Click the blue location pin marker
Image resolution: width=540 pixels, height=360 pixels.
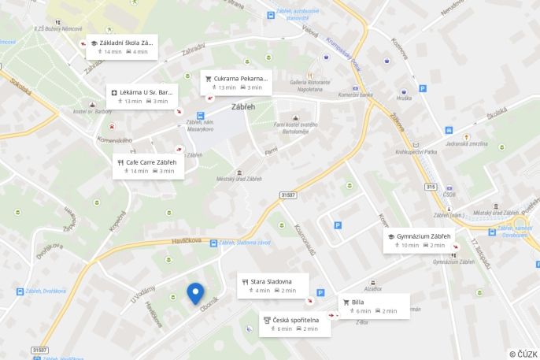[x=195, y=293]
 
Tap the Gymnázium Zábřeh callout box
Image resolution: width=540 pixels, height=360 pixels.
[x=419, y=240]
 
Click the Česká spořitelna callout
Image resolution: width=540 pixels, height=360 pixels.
[x=294, y=324]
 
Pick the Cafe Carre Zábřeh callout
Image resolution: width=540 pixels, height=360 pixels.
[x=149, y=166]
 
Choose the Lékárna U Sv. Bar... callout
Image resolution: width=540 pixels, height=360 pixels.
[x=142, y=96]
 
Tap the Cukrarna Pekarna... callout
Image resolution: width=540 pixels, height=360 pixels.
[x=237, y=83]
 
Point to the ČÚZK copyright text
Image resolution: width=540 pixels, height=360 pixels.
[x=523, y=354]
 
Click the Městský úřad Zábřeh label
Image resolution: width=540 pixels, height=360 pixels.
[x=239, y=179]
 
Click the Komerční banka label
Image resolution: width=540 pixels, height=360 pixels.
[x=355, y=95]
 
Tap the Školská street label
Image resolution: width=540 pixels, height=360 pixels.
[x=495, y=115]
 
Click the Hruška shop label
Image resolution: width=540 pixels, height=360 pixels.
[x=404, y=98]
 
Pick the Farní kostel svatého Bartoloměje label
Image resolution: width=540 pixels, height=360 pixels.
[x=295, y=128]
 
